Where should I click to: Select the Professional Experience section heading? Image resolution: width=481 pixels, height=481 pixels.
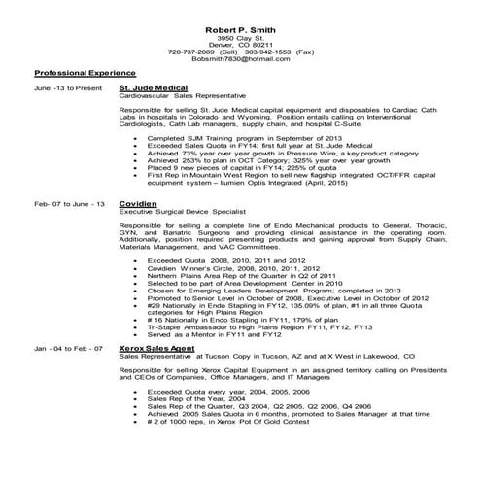86,73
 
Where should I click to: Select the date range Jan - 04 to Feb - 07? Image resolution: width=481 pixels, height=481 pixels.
68,347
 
